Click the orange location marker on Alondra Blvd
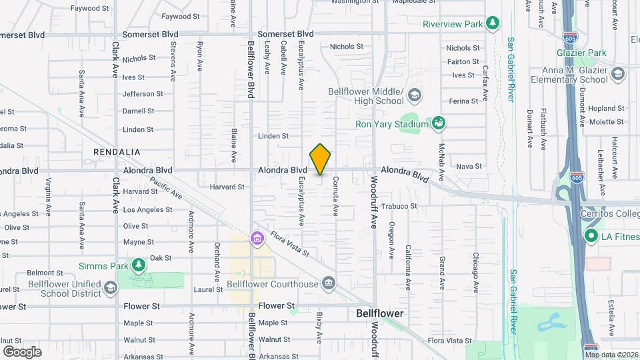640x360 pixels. tap(320, 159)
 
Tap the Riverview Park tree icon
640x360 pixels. tap(493, 24)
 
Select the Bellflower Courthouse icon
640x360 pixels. tap(328, 284)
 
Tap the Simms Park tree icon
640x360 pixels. tap(138, 266)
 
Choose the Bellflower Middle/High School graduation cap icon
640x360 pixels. tap(415, 95)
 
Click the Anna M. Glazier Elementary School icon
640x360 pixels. tap(617, 74)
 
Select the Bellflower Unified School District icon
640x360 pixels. tap(110, 288)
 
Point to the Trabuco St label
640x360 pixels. tap(399, 206)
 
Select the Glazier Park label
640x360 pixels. tap(582, 53)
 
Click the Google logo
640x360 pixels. tap(22, 351)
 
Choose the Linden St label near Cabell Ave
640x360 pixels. tap(273, 136)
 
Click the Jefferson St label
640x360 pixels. tap(142, 94)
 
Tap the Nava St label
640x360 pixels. tap(469, 166)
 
